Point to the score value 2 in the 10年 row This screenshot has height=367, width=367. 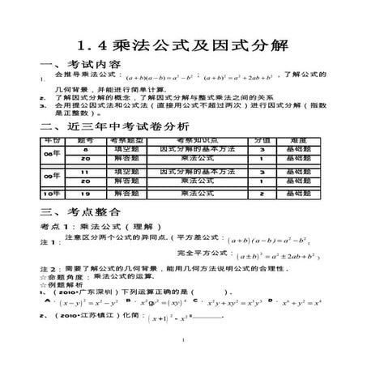pyautogui.click(x=262, y=194)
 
